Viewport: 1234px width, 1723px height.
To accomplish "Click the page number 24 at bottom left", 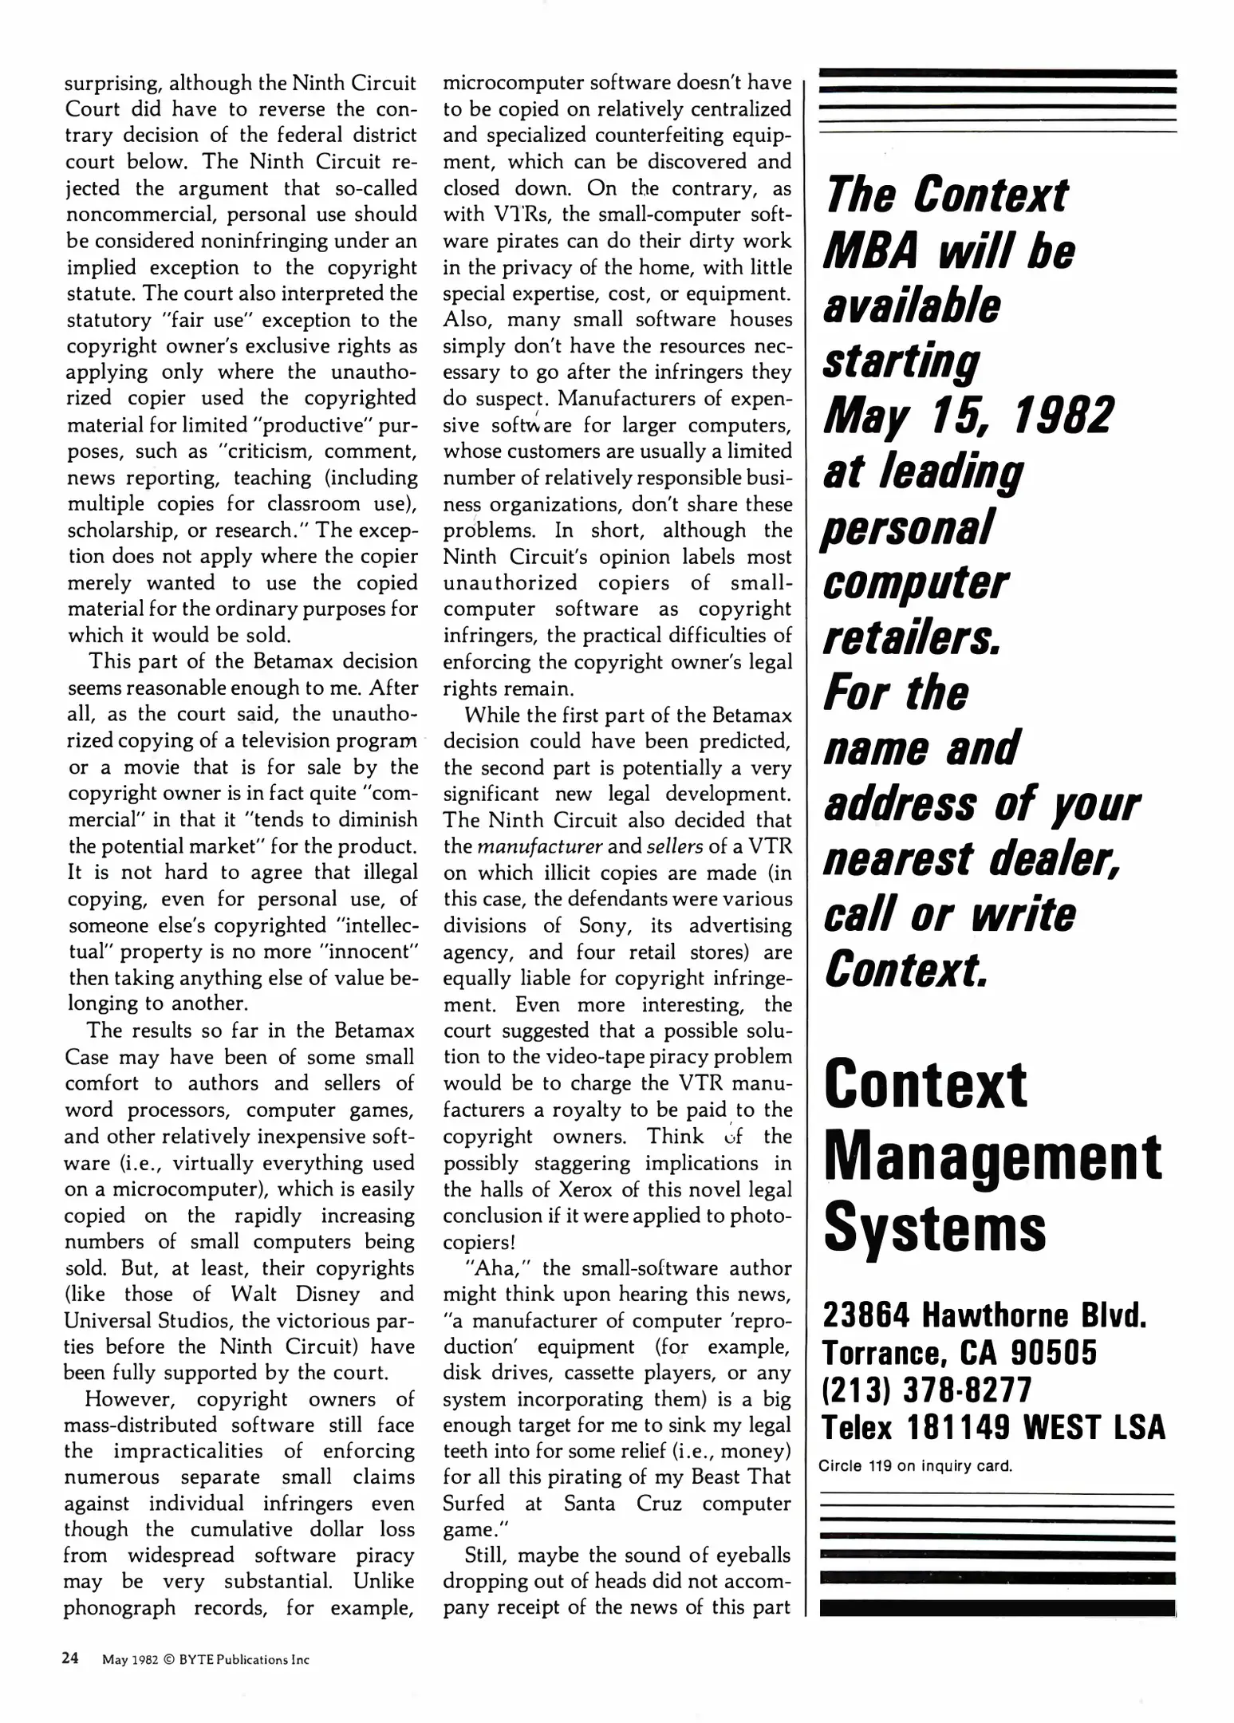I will [x=70, y=1658].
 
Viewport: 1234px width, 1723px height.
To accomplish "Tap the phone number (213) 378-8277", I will [x=927, y=1389].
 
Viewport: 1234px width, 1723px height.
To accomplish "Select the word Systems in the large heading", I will [x=934, y=1228].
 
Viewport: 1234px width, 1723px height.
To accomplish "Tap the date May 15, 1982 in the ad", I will [x=967, y=415].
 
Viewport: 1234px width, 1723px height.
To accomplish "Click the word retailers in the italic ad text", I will [x=909, y=637].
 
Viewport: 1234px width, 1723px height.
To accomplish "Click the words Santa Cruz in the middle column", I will [x=622, y=1503].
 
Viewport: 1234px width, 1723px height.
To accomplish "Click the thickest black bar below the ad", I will [x=997, y=1603].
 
